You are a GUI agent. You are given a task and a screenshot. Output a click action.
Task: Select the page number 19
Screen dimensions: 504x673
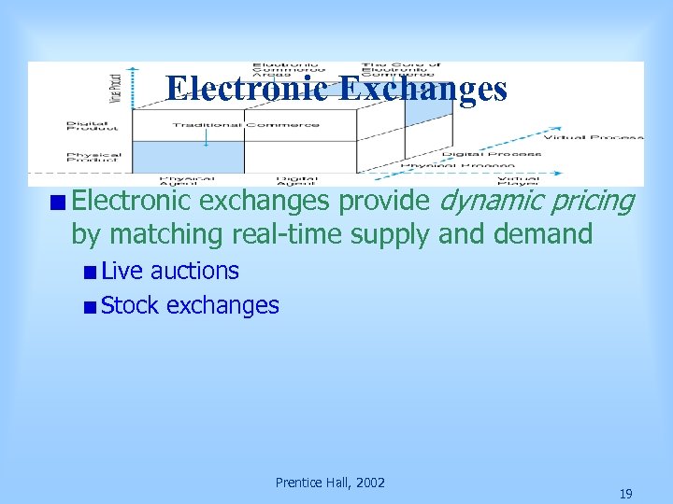coord(625,494)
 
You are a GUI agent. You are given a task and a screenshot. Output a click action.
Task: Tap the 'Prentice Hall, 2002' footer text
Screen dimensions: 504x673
coord(330,483)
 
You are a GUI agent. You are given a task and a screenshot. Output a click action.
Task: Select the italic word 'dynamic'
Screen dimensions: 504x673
coord(487,200)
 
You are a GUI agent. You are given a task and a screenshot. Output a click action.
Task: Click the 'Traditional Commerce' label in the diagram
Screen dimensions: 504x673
coord(246,124)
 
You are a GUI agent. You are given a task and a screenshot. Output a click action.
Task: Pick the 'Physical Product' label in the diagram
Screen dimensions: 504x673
coord(93,158)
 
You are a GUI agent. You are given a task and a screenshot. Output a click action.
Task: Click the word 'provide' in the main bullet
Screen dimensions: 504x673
coord(384,200)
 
